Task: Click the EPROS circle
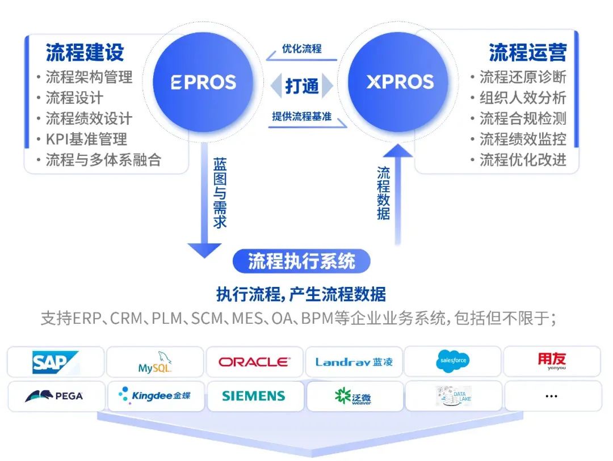tap(204, 82)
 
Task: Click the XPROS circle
tap(400, 82)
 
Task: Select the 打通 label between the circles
tap(301, 86)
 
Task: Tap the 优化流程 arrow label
tap(301, 49)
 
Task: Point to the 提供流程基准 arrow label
tap(301, 117)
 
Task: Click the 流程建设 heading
tap(85, 52)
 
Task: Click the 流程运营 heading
tap(527, 52)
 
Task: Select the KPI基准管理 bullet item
tap(86, 139)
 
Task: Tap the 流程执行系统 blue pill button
tap(301, 261)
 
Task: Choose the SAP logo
tap(55, 362)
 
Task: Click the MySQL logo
tap(155, 362)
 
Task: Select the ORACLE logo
tap(254, 362)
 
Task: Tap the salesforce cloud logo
tap(452, 361)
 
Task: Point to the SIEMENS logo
tap(254, 396)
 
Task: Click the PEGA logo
tap(55, 396)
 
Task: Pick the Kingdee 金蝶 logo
tap(155, 395)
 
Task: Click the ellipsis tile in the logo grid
tap(551, 396)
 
